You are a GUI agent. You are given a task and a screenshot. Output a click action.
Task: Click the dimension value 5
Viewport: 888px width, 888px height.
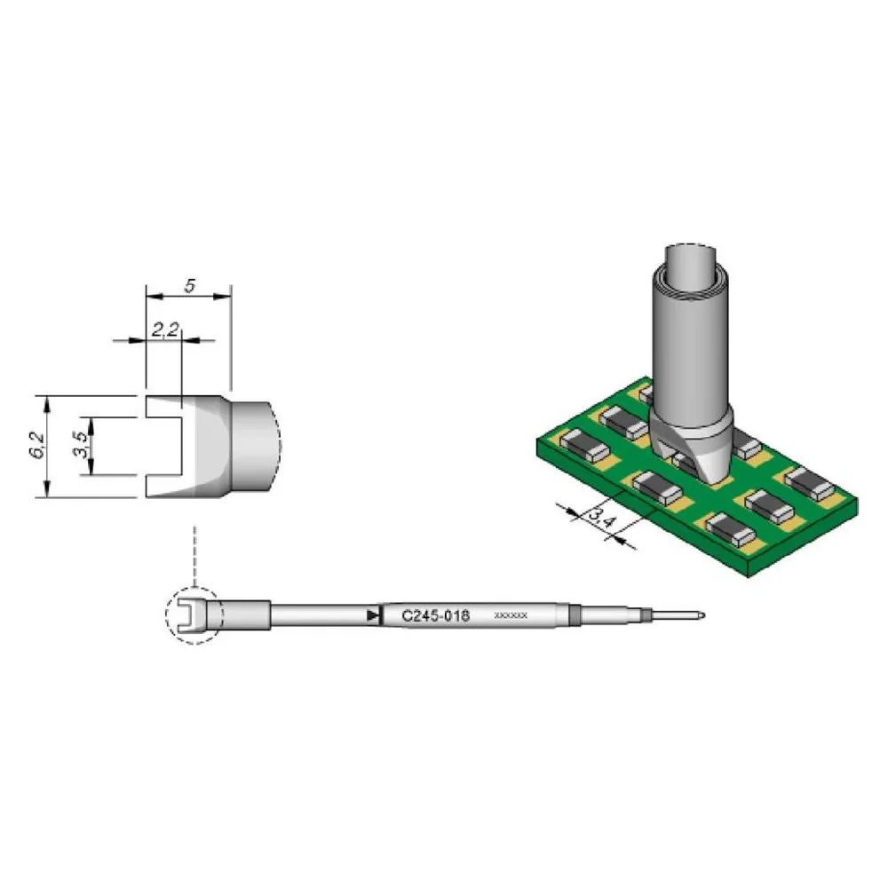(x=190, y=285)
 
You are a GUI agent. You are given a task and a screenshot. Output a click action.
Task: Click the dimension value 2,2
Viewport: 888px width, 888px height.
(x=165, y=329)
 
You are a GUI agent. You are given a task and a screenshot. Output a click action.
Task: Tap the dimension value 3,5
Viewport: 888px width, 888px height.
(x=82, y=445)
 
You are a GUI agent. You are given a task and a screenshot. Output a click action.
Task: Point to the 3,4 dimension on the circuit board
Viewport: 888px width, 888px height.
(x=601, y=518)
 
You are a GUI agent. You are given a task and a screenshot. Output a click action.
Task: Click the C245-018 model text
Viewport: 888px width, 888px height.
(x=435, y=615)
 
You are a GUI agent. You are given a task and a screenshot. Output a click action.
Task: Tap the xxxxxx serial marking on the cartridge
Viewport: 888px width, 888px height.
(x=511, y=615)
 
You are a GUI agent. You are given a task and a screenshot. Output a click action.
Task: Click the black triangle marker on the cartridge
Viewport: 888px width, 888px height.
(x=372, y=615)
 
